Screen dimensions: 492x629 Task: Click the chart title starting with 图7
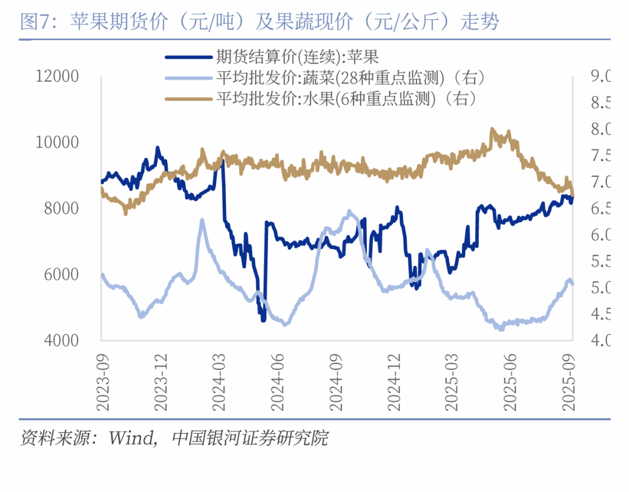tap(259, 22)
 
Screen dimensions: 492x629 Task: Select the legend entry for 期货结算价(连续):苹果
tap(298, 57)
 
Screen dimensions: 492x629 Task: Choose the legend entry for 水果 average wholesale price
tap(347, 99)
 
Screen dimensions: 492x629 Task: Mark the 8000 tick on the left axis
tap(61, 208)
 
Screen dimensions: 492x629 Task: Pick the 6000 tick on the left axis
tap(61, 274)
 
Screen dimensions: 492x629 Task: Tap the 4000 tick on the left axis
tap(61, 340)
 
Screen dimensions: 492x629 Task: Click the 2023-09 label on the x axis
tap(102, 379)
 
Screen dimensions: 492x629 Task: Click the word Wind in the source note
tap(130, 438)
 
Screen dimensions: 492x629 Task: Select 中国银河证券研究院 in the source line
tap(250, 438)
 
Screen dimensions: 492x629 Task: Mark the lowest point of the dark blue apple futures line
tap(263, 319)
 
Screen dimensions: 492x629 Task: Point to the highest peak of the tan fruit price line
tap(492, 129)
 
